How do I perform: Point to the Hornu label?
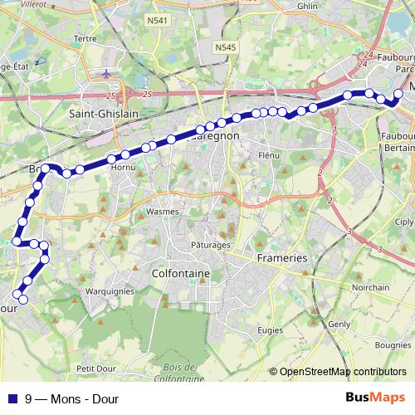pos(123,167)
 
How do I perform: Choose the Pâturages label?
pos(211,246)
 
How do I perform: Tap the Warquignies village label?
pos(110,291)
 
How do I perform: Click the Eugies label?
pos(270,330)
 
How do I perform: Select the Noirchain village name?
pos(370,287)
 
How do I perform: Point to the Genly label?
pos(339,324)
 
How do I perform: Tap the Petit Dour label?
pos(94,368)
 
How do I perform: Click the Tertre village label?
pos(86,61)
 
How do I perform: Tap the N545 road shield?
pos(224,47)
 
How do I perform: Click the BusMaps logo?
pos(375,398)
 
